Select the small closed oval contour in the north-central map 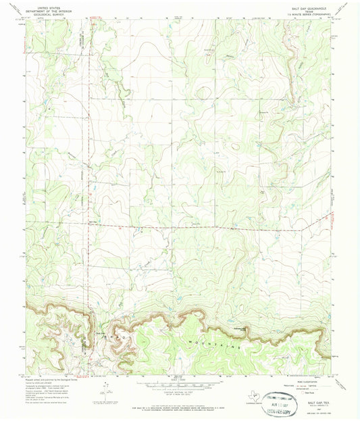(235, 145)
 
